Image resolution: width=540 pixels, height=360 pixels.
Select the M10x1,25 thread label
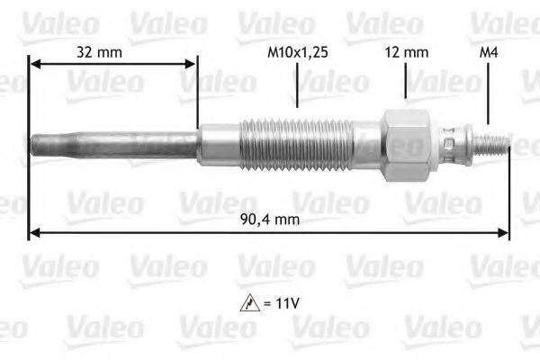(297, 52)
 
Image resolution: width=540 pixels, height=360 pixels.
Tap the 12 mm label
(407, 52)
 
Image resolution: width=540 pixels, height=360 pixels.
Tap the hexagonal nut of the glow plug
(403, 143)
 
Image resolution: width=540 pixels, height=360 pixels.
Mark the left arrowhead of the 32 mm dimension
(34, 63)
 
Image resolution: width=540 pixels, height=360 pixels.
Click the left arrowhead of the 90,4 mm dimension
(34, 232)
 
